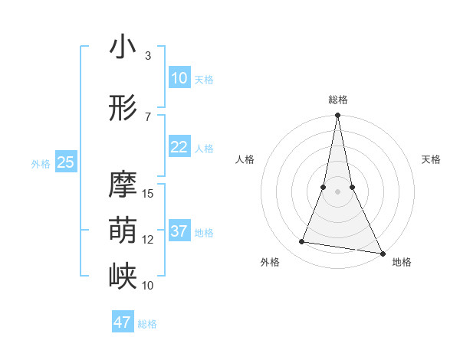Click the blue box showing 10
click(179, 78)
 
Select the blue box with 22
click(179, 147)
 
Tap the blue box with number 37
click(179, 231)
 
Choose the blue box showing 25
click(66, 162)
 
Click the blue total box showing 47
click(123, 322)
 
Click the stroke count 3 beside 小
click(148, 56)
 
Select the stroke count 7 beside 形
click(148, 117)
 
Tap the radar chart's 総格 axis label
click(337, 100)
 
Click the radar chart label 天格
click(431, 159)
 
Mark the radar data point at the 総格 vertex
click(337, 116)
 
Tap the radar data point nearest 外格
click(302, 242)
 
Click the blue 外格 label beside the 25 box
click(40, 163)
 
